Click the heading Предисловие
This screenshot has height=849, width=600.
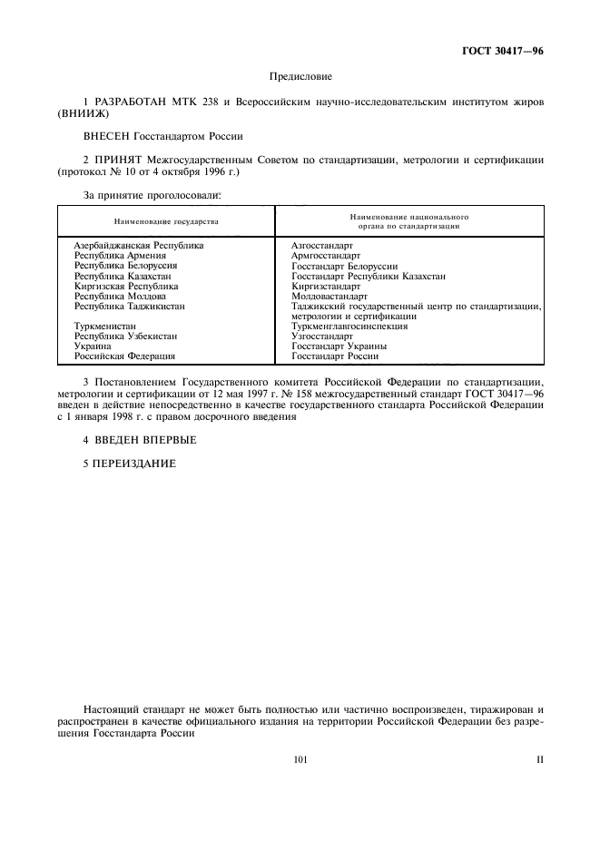(x=300, y=78)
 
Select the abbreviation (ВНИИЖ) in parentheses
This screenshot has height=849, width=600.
(x=83, y=115)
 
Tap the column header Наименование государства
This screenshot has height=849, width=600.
(x=166, y=221)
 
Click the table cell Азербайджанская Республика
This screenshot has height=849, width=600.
(x=139, y=246)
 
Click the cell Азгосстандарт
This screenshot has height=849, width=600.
(x=322, y=246)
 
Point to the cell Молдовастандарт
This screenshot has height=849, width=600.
(x=330, y=296)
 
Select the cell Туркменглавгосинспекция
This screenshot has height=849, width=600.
(x=349, y=326)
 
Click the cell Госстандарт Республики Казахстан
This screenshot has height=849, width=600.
(x=369, y=276)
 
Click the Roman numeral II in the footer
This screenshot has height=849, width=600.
(x=539, y=760)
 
